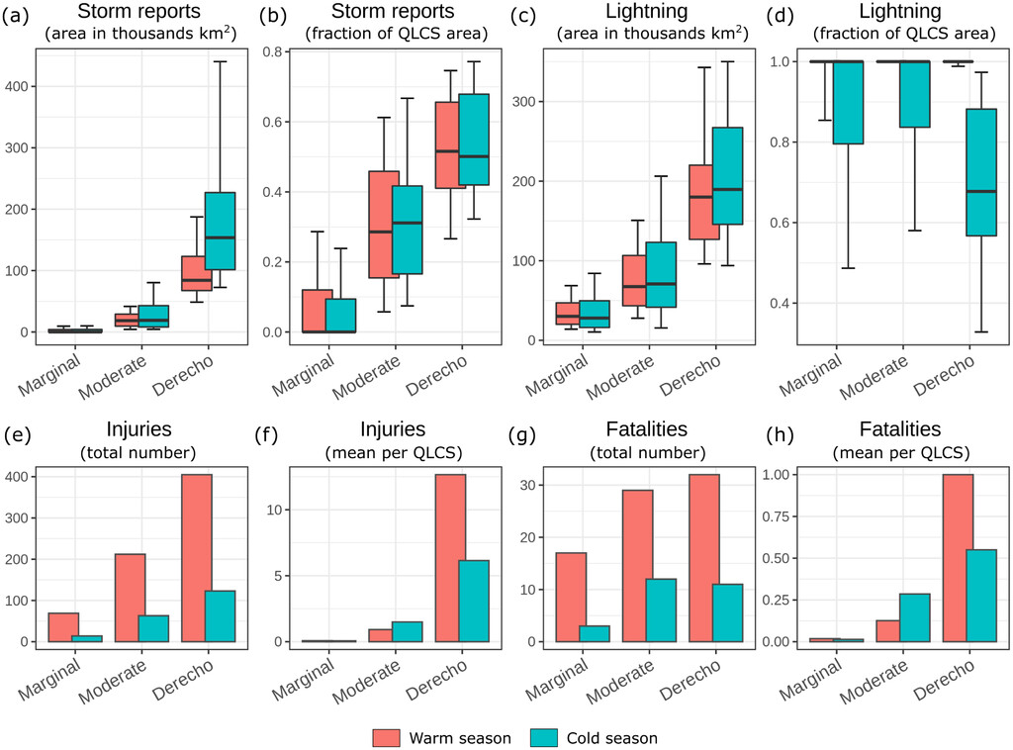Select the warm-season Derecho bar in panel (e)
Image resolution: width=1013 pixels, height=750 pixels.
pos(196,558)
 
